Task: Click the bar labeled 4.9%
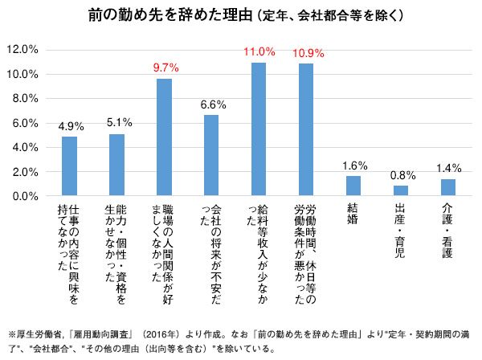click(69, 166)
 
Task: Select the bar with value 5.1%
click(116, 165)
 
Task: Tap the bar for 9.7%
click(164, 137)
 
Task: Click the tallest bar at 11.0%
click(259, 129)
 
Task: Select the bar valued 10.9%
click(306, 130)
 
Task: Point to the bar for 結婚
click(353, 186)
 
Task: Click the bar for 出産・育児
click(401, 191)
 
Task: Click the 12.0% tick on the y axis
click(22, 50)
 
